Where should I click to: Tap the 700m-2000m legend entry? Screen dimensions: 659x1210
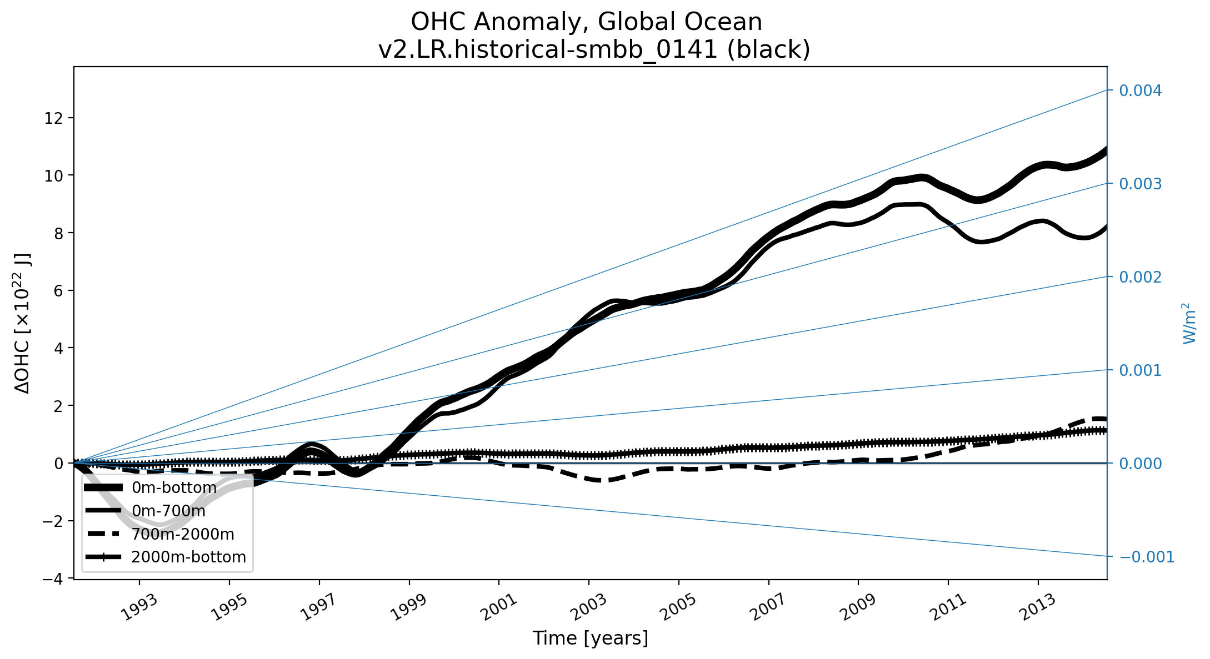[183, 534]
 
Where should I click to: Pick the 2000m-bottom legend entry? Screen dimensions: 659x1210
[188, 557]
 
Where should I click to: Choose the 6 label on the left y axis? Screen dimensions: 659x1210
[61, 291]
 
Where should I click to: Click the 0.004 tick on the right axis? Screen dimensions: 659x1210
[1140, 90]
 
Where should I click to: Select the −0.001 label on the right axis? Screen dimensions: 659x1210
[1147, 557]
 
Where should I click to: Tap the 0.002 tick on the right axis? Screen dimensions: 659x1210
[1140, 277]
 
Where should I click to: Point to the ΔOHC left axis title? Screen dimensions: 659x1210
[23, 323]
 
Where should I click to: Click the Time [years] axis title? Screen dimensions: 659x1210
[590, 638]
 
